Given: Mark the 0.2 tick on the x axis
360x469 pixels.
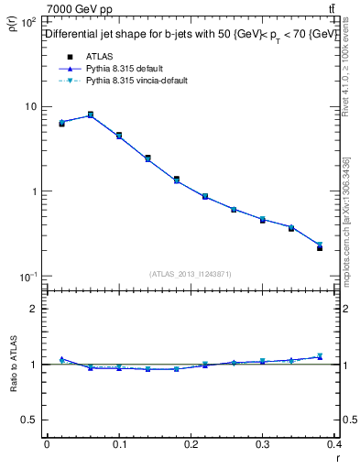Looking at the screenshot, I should (x=191, y=444).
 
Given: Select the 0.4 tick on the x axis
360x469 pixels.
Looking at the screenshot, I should (x=333, y=444).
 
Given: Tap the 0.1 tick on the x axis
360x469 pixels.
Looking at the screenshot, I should (x=119, y=444).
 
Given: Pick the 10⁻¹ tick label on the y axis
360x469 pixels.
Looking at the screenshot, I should (x=29, y=277).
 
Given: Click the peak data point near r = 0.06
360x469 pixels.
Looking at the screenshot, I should (x=90, y=115).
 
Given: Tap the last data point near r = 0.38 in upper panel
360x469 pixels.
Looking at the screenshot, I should (x=319, y=247).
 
